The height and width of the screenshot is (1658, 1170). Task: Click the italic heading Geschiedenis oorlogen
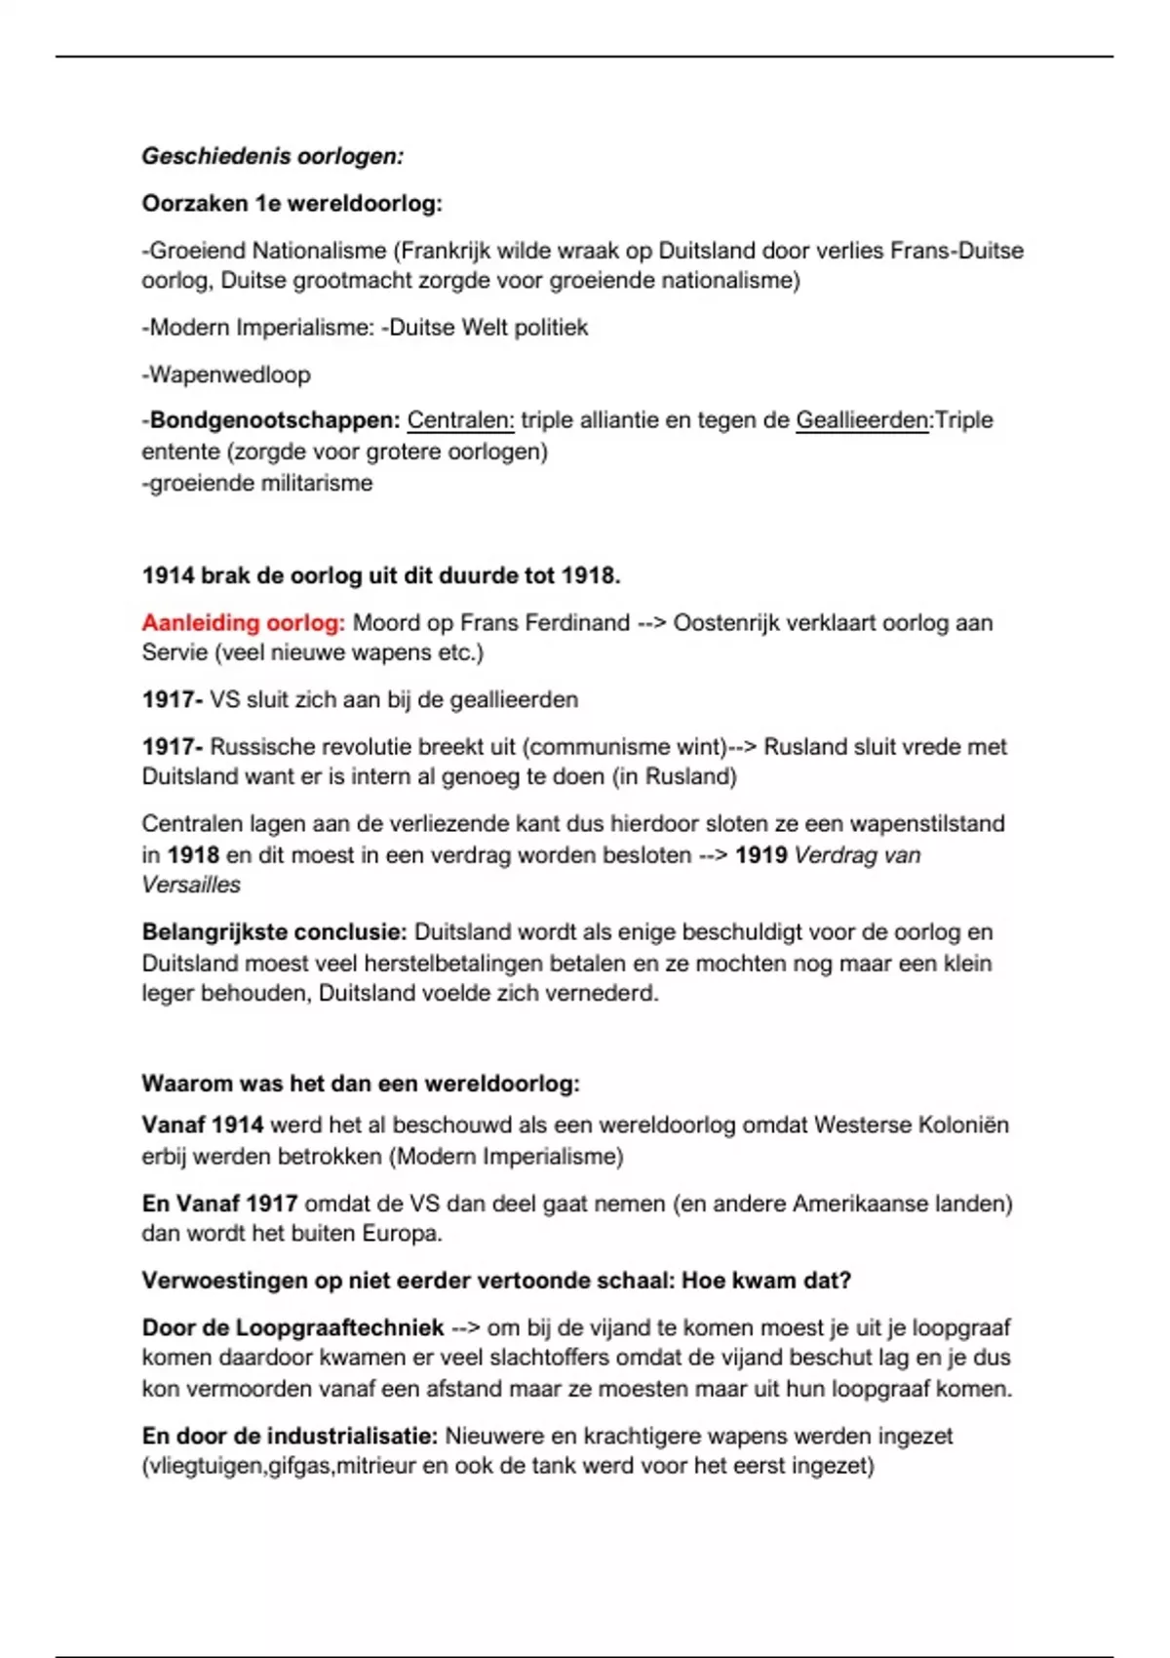coord(272,156)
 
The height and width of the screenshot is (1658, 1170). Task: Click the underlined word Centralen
coord(460,420)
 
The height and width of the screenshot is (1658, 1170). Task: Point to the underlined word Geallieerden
coord(862,420)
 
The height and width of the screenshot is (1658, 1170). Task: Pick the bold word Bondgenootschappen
coord(275,420)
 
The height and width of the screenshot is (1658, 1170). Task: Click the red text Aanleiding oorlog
coord(243,622)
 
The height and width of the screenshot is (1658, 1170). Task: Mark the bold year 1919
coord(760,855)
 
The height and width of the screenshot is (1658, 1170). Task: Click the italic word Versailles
coord(191,886)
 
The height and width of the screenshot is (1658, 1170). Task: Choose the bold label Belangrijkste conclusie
coord(274,932)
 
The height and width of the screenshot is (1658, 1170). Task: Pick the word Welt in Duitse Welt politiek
coord(484,328)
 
